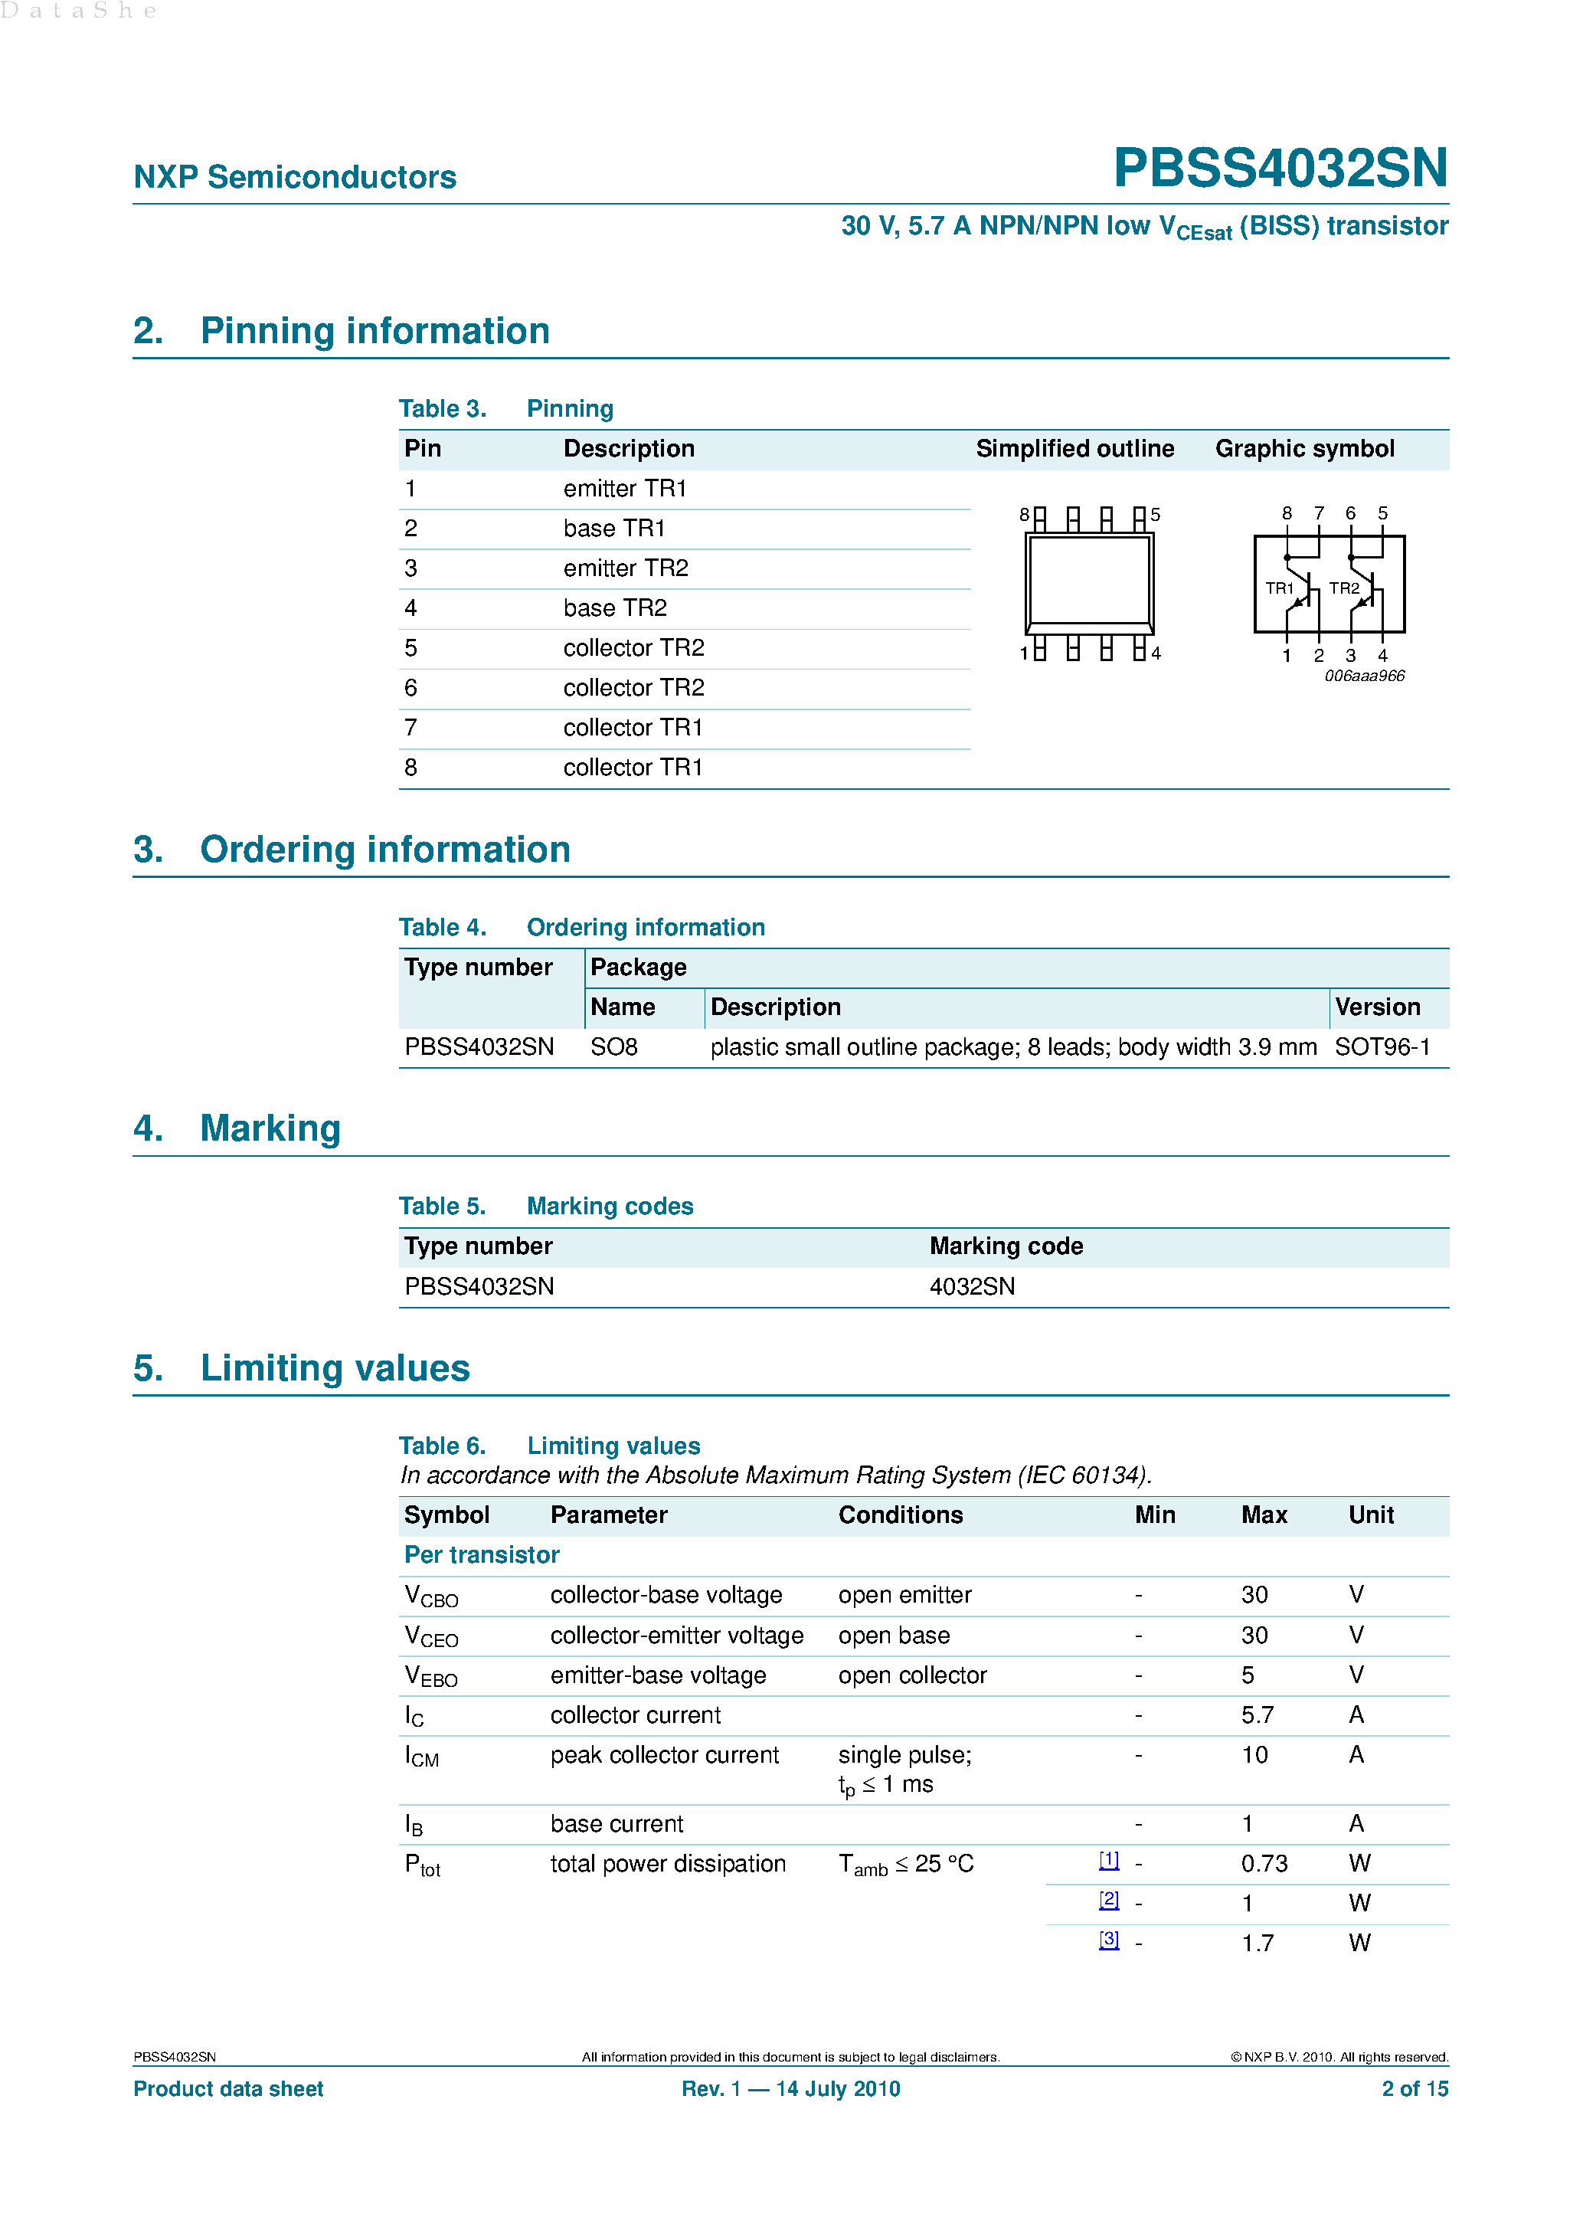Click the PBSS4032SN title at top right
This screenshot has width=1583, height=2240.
tap(1280, 168)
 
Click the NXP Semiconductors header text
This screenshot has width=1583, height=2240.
tap(295, 178)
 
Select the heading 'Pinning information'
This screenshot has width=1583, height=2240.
tap(374, 332)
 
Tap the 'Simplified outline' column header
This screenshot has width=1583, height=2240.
tap(1074, 449)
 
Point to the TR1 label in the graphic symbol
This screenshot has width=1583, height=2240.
tap(1279, 588)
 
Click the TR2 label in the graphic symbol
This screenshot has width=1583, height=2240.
tap(1343, 588)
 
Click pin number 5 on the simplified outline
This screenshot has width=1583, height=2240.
tap(1156, 514)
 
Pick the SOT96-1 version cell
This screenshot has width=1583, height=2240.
tap(1381, 1048)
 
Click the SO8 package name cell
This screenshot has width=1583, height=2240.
tap(613, 1048)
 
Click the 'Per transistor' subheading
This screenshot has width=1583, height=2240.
tap(482, 1555)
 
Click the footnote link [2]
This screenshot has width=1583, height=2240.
tap(1108, 1900)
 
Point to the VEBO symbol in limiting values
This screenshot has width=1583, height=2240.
tap(430, 1677)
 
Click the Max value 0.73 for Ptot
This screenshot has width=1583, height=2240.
tap(1264, 1865)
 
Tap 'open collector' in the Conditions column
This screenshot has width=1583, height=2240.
tap(912, 1676)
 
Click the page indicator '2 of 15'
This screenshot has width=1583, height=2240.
tap(1415, 2089)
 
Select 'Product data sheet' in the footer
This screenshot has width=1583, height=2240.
tap(228, 2089)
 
